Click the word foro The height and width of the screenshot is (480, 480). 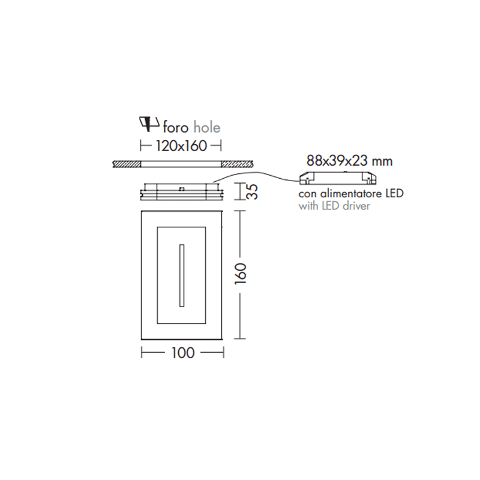(x=175, y=128)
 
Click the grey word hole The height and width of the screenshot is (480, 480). (x=207, y=127)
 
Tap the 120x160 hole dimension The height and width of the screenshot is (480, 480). (x=181, y=146)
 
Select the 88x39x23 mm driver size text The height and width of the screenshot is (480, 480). (x=349, y=161)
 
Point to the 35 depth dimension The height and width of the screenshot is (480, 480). (x=252, y=191)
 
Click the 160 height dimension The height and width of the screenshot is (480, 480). (x=241, y=274)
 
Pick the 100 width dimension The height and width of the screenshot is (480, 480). (x=183, y=353)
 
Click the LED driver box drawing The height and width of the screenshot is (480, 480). (x=338, y=178)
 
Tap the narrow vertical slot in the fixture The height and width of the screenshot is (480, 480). (x=182, y=275)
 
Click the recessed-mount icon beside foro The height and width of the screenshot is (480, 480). (x=149, y=124)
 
